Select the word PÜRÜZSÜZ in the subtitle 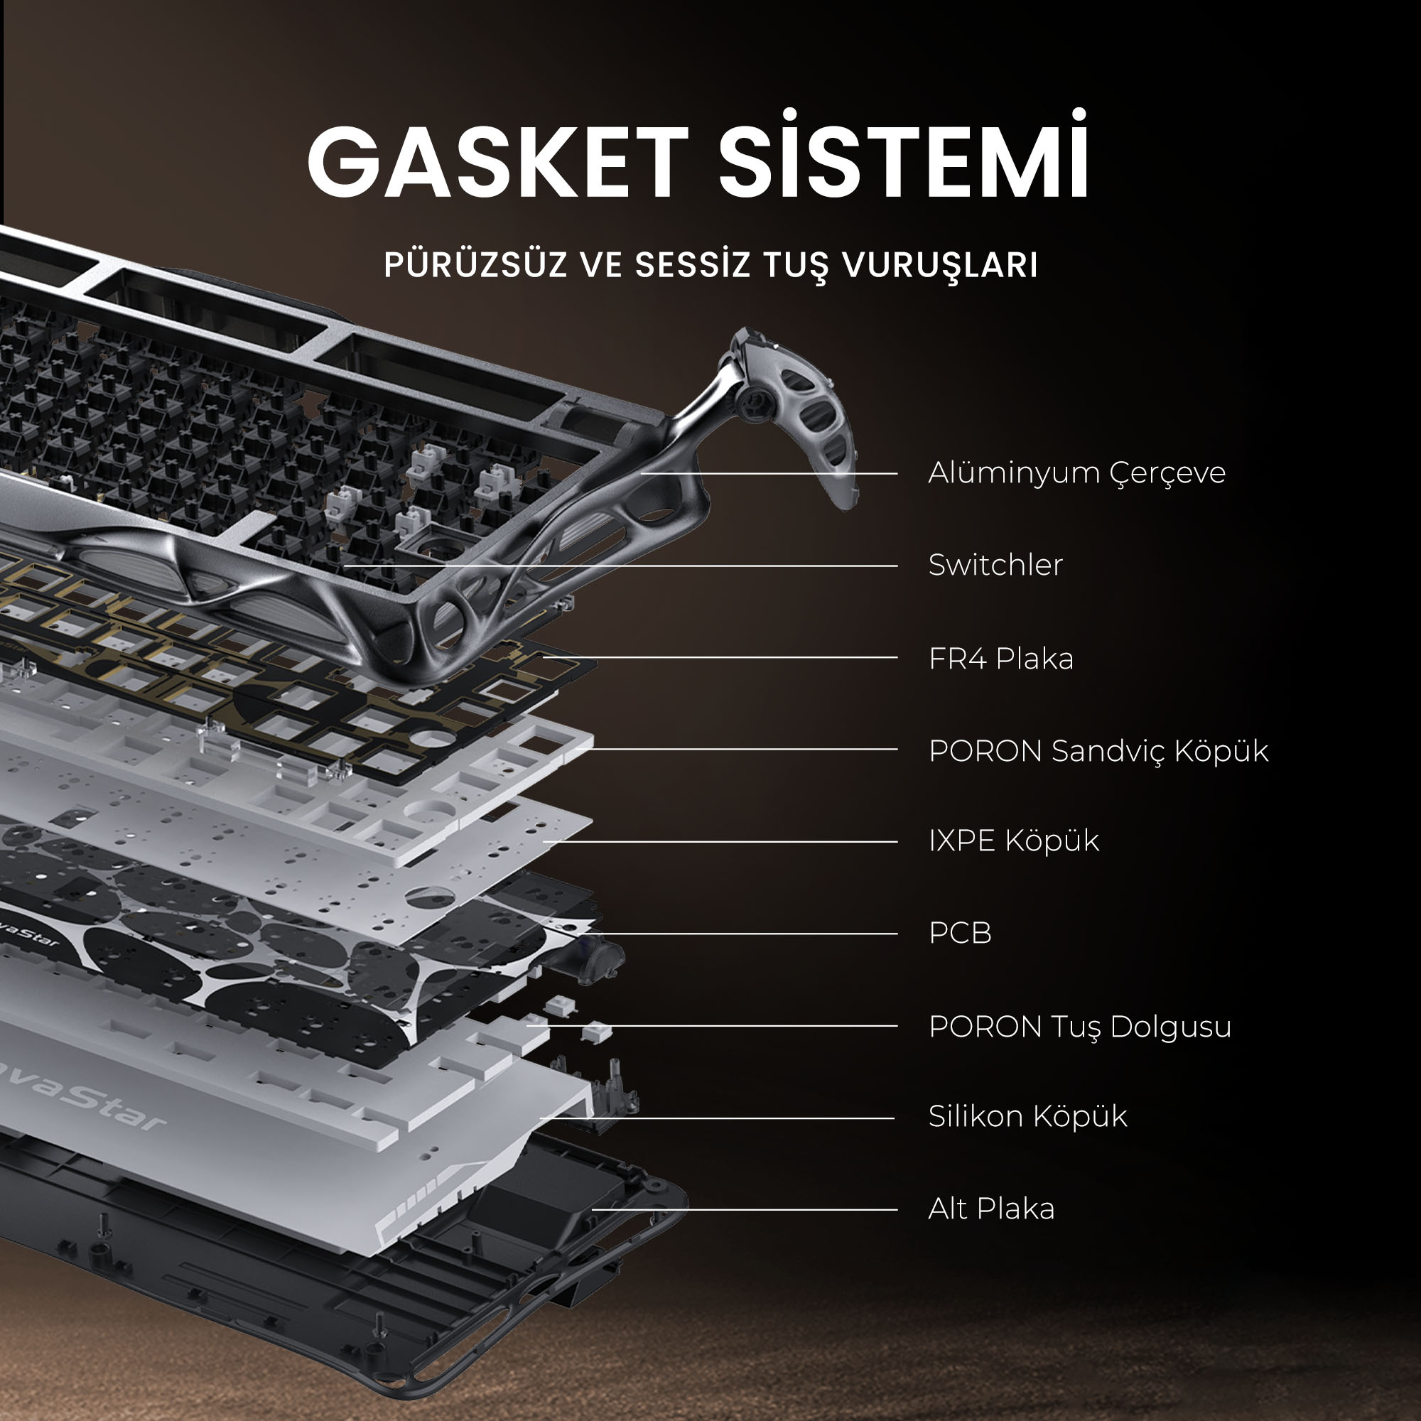475,264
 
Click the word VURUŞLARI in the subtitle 940,266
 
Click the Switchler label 995,565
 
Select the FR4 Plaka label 1001,659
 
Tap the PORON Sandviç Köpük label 1098,751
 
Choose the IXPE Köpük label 1014,841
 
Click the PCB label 960,934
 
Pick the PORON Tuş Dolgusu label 1080,1027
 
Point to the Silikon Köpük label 1027,1116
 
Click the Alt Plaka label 990,1209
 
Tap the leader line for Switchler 620,566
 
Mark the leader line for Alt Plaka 745,1209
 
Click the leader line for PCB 743,934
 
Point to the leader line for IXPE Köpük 720,841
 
